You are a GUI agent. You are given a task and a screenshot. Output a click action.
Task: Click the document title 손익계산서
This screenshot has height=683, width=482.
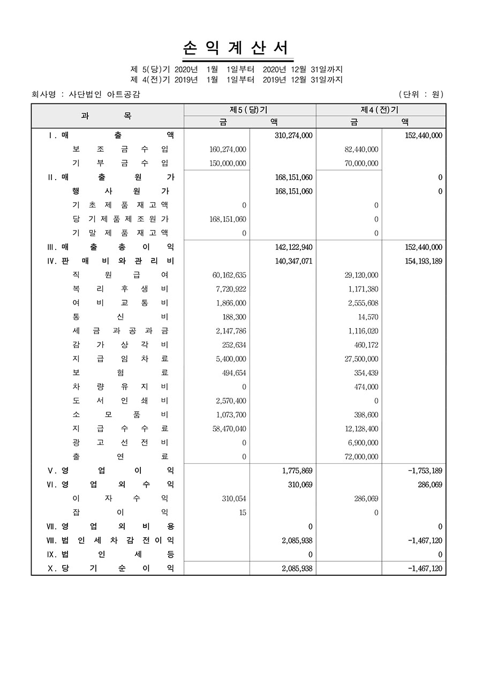pos(238,48)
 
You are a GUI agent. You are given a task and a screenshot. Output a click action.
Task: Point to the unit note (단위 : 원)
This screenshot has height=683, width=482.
pos(421,94)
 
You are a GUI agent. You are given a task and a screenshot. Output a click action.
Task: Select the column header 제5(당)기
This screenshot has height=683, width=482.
pos(249,109)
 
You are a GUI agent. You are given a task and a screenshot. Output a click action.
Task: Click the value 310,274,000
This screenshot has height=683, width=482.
pos(293,136)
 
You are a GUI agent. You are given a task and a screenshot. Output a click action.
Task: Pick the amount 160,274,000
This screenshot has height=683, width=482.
pos(228,150)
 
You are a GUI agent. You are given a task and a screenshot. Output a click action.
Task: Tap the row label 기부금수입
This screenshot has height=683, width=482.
pos(120,164)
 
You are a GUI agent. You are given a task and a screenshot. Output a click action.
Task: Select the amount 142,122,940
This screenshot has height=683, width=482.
pos(293,247)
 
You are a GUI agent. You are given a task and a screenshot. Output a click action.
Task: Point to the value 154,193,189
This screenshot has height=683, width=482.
pos(424,262)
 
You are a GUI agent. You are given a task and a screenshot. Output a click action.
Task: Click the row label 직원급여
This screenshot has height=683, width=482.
pos(120,276)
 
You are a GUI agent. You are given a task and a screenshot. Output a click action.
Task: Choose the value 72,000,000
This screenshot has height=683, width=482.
pos(361,457)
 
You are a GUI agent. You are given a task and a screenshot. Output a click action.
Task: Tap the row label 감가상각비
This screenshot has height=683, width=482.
pos(120,345)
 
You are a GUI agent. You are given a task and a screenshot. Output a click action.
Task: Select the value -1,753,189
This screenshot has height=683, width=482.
pos(425,471)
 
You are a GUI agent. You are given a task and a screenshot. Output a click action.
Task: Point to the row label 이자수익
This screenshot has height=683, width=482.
pos(120,499)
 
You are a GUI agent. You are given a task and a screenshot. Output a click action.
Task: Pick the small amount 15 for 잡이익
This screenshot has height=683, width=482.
pos(243,513)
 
